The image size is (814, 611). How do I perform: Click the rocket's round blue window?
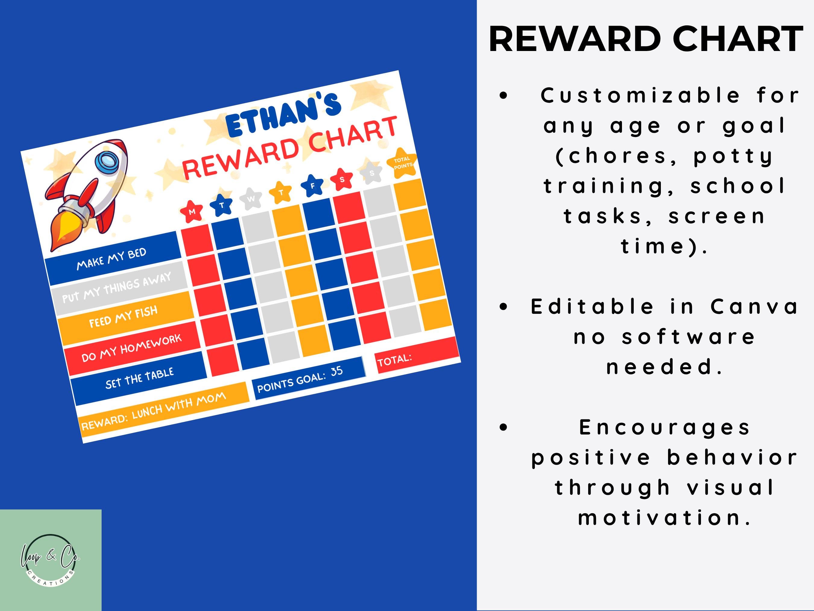pyautogui.click(x=107, y=162)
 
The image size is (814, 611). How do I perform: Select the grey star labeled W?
pyautogui.click(x=251, y=199)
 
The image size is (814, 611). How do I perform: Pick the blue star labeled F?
pyautogui.click(x=312, y=186)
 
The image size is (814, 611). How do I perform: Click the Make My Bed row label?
pyautogui.click(x=112, y=259)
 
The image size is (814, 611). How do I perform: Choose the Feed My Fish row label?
pyautogui.click(x=124, y=317)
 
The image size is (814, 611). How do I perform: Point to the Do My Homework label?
pyautogui.click(x=131, y=348)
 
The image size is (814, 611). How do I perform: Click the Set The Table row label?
pyautogui.click(x=139, y=379)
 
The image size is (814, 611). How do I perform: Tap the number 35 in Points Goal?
pyautogui.click(x=336, y=371)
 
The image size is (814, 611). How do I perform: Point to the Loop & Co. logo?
pyautogui.click(x=50, y=560)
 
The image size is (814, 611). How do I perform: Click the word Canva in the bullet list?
pyautogui.click(x=754, y=307)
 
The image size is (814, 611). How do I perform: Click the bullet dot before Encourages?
pyautogui.click(x=503, y=427)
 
